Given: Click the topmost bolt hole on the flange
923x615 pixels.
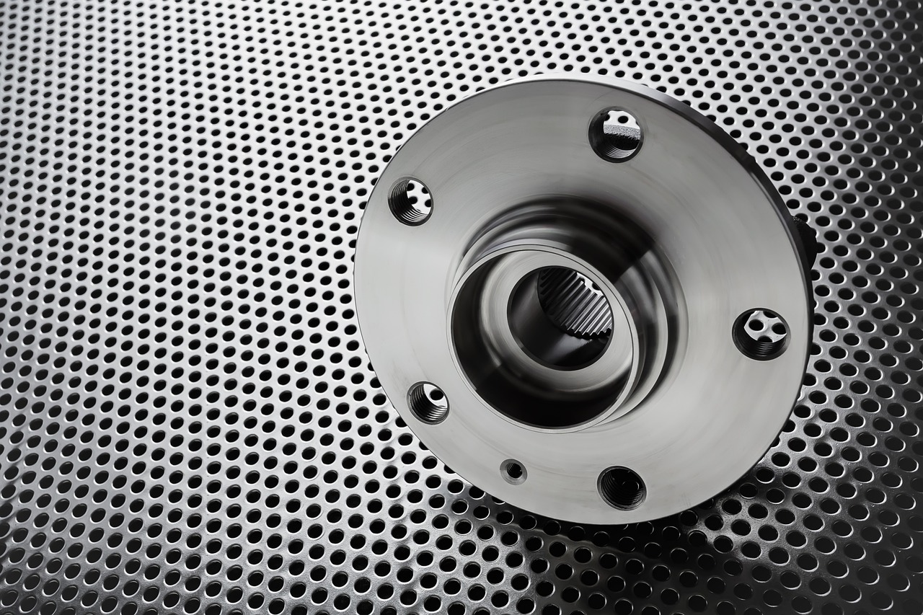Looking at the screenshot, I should pyautogui.click(x=616, y=134).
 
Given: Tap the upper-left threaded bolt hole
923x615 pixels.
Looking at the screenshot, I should pyautogui.click(x=410, y=201).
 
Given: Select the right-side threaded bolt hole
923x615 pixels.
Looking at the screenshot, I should pyautogui.click(x=761, y=333).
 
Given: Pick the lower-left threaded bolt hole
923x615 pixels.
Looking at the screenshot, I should pyautogui.click(x=428, y=402).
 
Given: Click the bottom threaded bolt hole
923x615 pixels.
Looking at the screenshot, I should pyautogui.click(x=622, y=487).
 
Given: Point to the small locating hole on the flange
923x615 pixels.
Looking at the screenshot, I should pyautogui.click(x=513, y=472).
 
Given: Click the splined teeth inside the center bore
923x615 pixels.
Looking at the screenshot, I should pyautogui.click(x=578, y=303).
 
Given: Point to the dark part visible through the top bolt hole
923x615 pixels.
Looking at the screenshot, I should pyautogui.click(x=622, y=131).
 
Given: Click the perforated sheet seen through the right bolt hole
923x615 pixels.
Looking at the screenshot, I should pyautogui.click(x=764, y=329).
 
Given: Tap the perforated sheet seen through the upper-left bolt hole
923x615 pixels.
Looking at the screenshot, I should pyautogui.click(x=415, y=198).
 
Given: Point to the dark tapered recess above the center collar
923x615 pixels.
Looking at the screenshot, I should pyautogui.click(x=548, y=224).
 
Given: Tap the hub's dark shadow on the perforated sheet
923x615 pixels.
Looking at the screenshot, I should pyautogui.click(x=721, y=534).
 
